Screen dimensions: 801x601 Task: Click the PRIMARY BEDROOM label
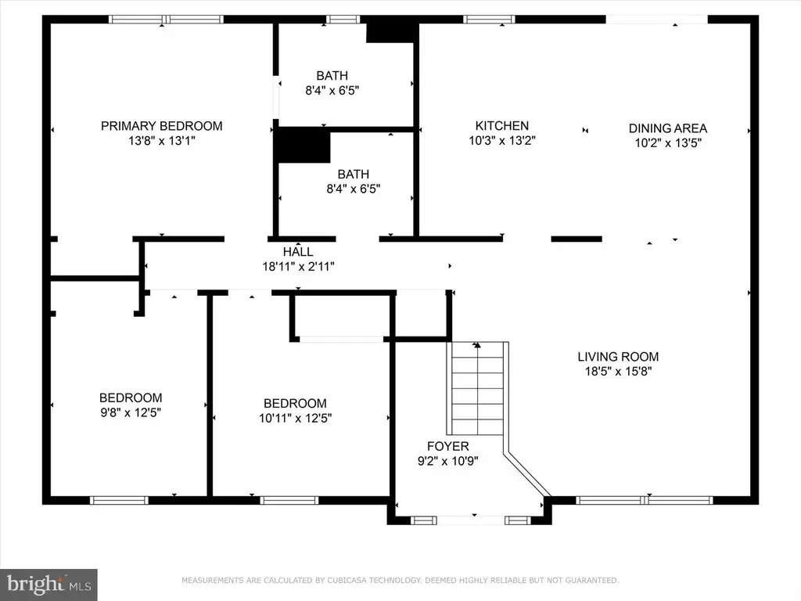click(161, 126)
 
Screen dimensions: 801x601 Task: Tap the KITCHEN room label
click(501, 126)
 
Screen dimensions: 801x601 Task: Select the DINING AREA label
click(668, 128)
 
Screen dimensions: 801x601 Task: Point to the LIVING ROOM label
click(618, 357)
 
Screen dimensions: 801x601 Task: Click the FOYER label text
click(448, 446)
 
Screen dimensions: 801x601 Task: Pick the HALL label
click(298, 251)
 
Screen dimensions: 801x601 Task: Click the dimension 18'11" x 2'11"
click(298, 266)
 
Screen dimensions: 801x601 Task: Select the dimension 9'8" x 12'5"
click(131, 412)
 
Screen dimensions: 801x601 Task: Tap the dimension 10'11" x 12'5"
click(295, 418)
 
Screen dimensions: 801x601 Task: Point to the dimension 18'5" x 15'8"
click(618, 372)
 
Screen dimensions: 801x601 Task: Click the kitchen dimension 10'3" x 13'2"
click(502, 141)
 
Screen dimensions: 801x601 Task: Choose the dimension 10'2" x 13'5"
click(668, 143)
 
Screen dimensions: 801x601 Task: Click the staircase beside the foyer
click(478, 388)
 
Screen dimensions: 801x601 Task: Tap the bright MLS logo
click(48, 585)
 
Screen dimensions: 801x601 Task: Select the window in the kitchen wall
click(489, 20)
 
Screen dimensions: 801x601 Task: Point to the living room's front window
click(645, 500)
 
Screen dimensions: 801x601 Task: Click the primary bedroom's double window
click(166, 20)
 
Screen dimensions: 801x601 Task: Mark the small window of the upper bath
click(343, 20)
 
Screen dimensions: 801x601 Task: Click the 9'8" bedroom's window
click(119, 500)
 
